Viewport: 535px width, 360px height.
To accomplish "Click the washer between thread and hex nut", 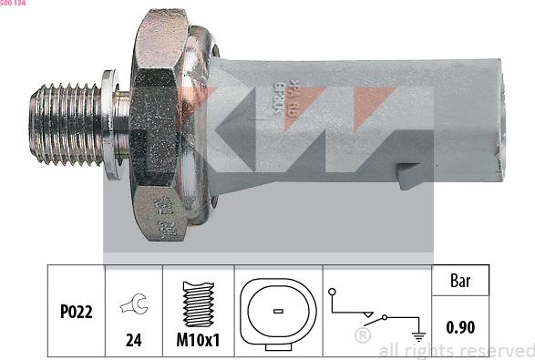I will point(114,122).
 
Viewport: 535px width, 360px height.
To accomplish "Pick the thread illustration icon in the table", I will point(199,303).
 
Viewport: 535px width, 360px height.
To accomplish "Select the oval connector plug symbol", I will point(278,310).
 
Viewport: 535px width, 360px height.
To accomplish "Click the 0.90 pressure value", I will point(459,326).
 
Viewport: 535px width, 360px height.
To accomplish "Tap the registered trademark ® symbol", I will point(362,336).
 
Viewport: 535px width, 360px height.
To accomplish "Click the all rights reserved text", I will point(456,350).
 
